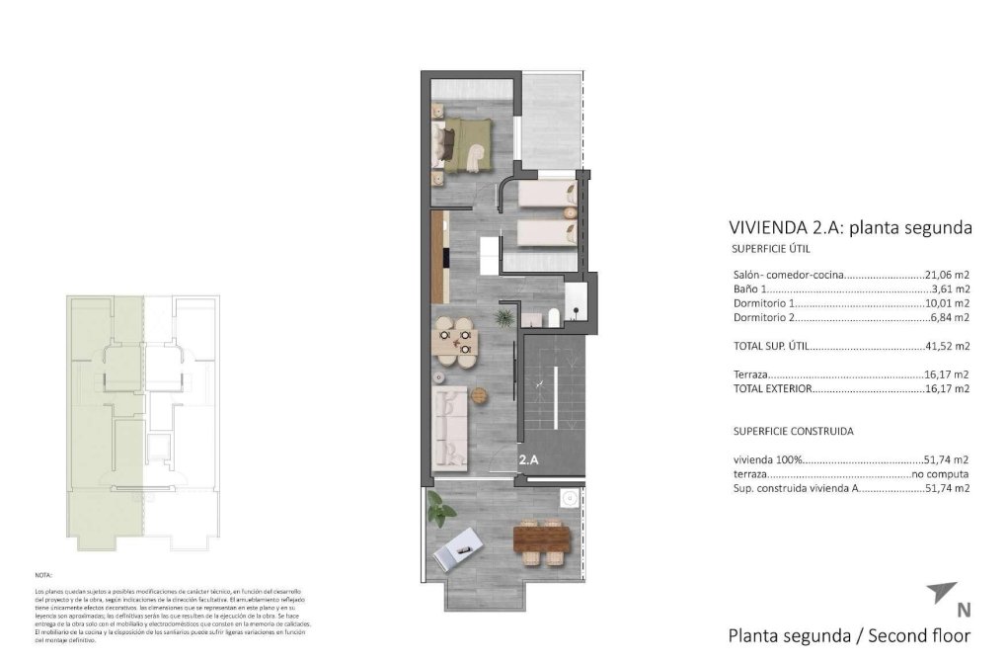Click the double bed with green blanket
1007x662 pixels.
tap(464, 145)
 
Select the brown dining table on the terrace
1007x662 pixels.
tap(543, 539)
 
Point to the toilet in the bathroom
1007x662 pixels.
tap(554, 316)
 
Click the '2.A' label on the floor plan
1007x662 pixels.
tap(529, 459)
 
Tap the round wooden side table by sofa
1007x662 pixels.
tap(481, 395)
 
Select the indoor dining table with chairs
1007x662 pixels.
tap(457, 341)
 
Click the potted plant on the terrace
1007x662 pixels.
tap(440, 510)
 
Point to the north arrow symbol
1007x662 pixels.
tap(939, 595)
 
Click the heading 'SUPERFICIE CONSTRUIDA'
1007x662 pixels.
tap(793, 432)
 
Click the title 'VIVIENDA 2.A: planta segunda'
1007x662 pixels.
tap(849, 228)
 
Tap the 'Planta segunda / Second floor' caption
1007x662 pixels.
tap(848, 635)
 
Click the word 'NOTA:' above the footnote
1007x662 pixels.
tap(42, 574)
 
